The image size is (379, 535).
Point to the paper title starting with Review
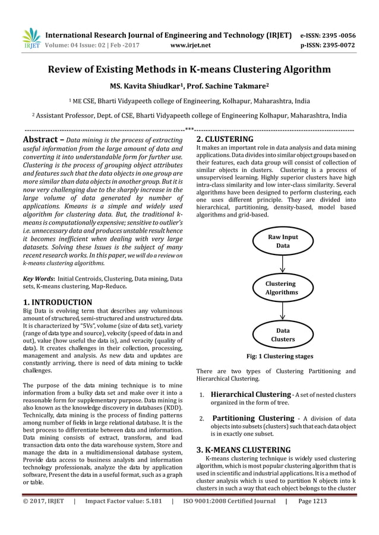tap(189, 70)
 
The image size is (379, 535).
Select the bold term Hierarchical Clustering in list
tap(251, 394)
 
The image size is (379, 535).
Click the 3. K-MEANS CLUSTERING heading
tap(243, 450)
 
